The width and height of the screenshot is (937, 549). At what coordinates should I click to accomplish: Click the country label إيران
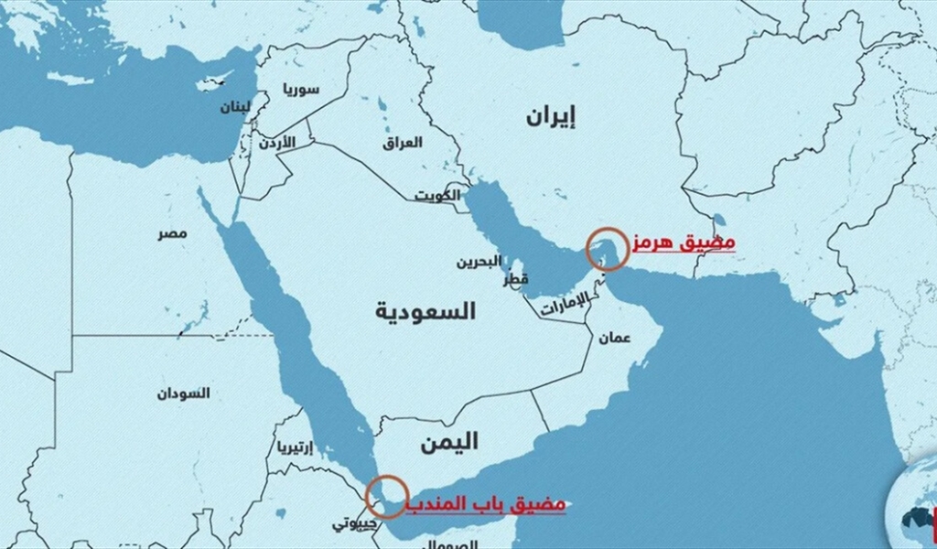[552, 115]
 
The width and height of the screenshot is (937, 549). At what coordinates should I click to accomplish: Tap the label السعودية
[425, 311]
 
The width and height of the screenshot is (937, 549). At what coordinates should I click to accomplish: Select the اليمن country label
[448, 442]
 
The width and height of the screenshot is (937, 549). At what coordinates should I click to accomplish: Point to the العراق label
[403, 143]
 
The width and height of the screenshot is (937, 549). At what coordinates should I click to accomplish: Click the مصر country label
[171, 234]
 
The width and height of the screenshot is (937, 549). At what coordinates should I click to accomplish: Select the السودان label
[182, 393]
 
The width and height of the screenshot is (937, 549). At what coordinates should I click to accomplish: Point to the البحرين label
[479, 262]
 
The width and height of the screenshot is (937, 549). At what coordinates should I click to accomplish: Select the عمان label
[615, 337]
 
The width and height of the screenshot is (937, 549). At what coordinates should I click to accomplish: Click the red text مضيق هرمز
[683, 243]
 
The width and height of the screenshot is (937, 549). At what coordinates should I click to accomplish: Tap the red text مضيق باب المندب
[487, 504]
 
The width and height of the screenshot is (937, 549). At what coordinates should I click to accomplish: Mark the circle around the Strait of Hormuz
[608, 249]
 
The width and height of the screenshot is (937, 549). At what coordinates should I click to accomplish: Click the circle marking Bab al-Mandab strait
[386, 495]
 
